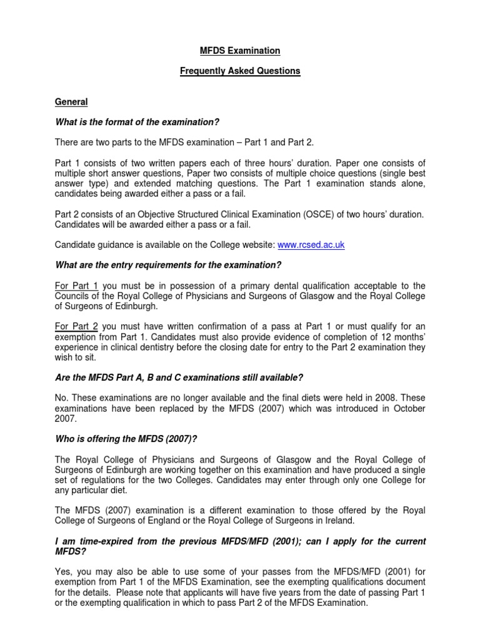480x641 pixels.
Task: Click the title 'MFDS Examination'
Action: point(240,51)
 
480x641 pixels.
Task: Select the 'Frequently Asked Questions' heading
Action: point(240,71)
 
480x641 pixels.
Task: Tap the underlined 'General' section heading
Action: point(71,101)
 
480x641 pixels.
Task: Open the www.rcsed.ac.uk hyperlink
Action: point(312,245)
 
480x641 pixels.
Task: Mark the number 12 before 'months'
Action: point(391,336)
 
